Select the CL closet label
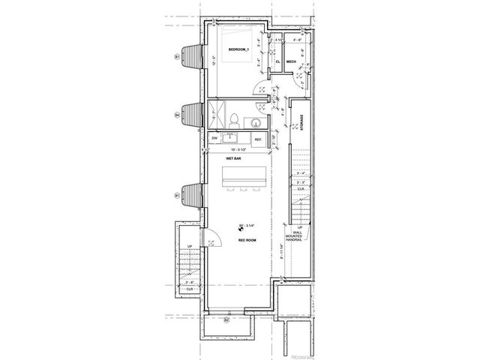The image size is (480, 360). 277,62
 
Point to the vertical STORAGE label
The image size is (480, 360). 302,121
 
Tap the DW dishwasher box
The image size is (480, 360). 214,139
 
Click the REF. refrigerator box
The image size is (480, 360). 258,139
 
